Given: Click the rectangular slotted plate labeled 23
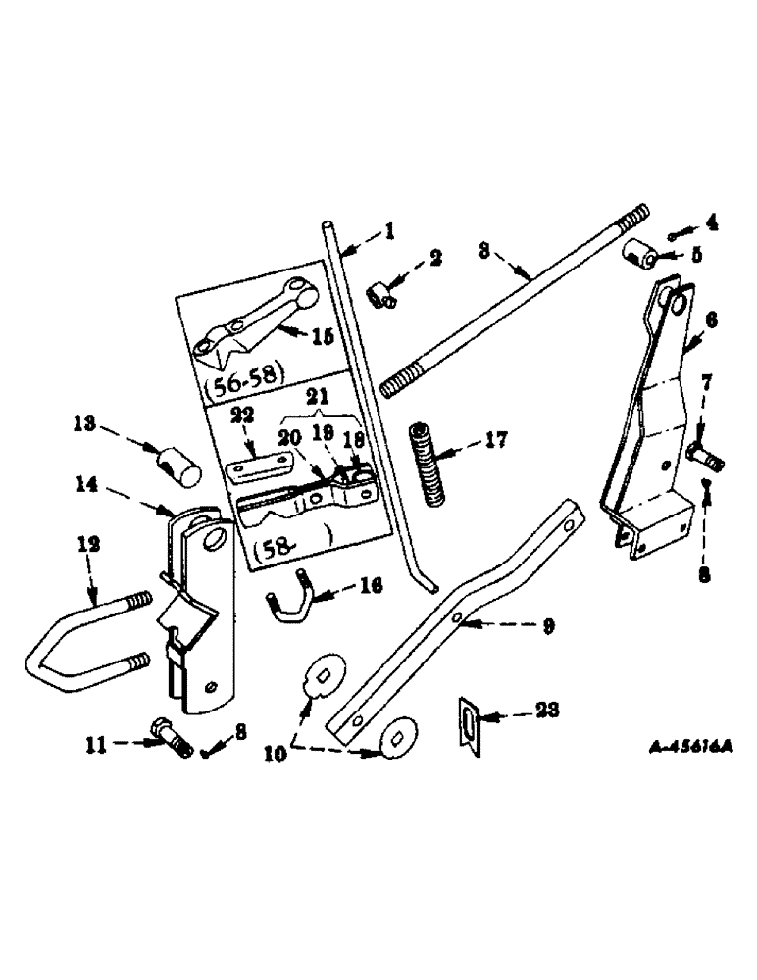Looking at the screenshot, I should tap(471, 726).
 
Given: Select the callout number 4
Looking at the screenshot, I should tap(712, 221).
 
